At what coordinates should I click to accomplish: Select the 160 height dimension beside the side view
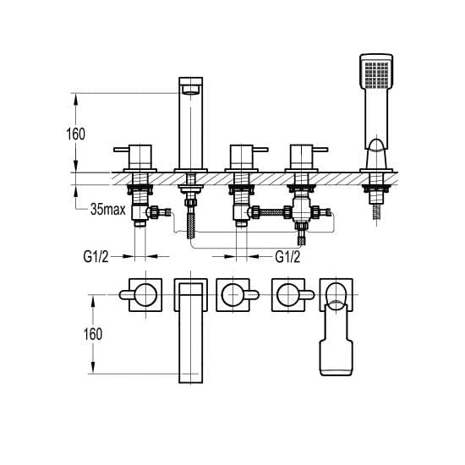[75, 132]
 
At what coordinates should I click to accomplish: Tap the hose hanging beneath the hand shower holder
[376, 212]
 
